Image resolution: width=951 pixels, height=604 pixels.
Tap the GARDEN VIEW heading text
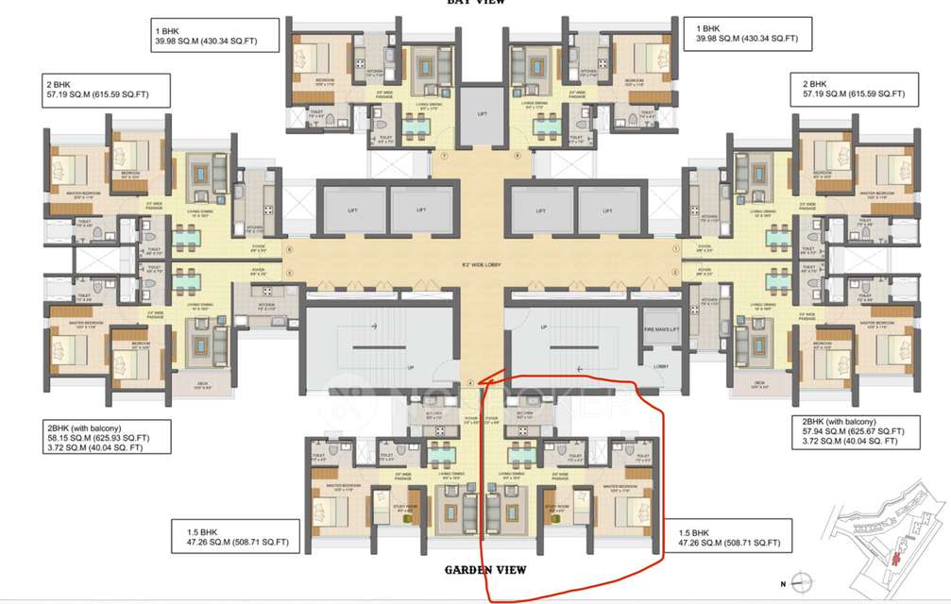pyautogui.click(x=485, y=570)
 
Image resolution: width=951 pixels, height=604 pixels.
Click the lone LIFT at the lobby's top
pyautogui.click(x=482, y=114)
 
